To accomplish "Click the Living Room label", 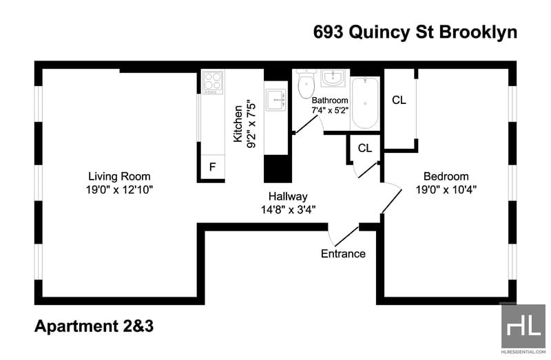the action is click(119, 176).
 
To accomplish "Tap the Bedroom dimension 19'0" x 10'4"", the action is click(446, 190).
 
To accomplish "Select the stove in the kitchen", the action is click(213, 82).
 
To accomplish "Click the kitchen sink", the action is click(276, 100).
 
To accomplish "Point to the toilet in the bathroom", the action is click(306, 83).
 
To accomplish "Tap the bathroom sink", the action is click(333, 78).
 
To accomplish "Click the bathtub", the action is click(365, 103).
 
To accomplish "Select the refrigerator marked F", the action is click(213, 167).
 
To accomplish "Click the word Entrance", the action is click(343, 253).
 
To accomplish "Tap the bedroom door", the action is click(392, 198).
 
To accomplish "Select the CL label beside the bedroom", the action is click(399, 100).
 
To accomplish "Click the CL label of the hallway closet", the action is click(365, 148).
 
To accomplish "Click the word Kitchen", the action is click(238, 124).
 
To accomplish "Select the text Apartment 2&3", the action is click(94, 326).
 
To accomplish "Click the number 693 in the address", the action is click(328, 32).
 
